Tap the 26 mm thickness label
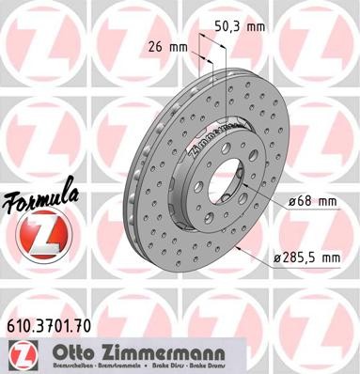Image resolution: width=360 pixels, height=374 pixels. coord(164,44)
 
